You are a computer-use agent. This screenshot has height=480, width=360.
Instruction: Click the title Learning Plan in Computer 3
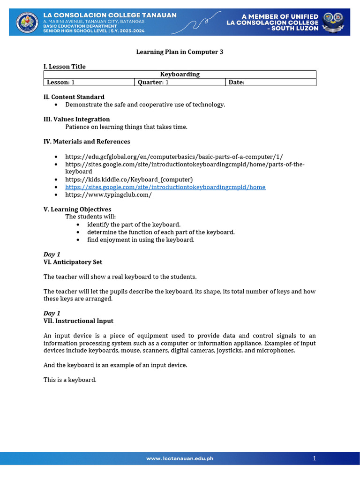point(180,52)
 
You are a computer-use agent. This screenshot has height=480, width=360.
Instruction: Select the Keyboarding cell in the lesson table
point(180,74)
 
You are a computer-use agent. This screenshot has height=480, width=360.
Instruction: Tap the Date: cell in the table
point(270,82)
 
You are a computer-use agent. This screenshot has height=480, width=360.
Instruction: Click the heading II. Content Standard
point(74,97)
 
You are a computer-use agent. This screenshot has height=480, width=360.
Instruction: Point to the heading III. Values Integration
point(77,119)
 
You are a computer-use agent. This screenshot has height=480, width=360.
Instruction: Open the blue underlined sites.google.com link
point(165,187)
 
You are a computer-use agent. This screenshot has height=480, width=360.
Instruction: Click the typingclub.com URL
point(108,195)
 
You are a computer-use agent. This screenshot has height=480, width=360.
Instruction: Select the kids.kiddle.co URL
point(129,180)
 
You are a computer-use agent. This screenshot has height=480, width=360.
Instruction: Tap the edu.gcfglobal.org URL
point(174,157)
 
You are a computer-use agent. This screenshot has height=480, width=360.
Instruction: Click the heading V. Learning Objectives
point(77,209)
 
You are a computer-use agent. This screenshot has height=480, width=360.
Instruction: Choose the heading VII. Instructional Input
point(78,321)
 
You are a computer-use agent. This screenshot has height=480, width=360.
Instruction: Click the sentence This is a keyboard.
point(70,380)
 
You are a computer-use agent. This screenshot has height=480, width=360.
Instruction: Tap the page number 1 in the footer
point(315,458)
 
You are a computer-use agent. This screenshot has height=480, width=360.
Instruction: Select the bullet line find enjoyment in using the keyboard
point(141,240)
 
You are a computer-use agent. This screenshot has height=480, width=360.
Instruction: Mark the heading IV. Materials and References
point(87,142)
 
